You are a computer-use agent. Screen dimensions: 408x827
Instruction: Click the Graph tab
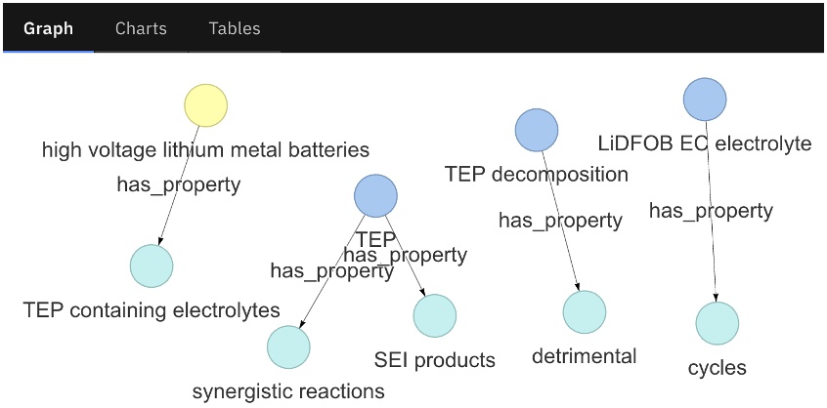(48, 28)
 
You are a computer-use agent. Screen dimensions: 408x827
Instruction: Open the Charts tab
(141, 28)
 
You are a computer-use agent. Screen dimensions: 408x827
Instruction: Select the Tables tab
(235, 28)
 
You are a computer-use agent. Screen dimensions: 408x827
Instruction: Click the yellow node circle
(206, 105)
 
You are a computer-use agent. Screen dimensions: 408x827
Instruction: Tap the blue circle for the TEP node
(375, 196)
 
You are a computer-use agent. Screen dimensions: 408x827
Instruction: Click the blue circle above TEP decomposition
(537, 130)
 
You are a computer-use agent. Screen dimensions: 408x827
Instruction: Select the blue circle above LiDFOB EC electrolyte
(705, 100)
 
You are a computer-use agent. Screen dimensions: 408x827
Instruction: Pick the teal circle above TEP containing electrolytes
(152, 265)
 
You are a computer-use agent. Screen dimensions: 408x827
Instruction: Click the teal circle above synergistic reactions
(288, 347)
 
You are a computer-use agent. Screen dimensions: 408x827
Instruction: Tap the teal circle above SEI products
(435, 315)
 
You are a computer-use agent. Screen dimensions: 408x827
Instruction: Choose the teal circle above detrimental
(585, 311)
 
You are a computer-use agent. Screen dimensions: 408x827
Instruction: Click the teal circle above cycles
(718, 323)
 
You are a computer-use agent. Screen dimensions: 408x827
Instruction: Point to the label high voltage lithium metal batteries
(205, 150)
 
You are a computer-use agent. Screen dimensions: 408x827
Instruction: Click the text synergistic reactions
(288, 392)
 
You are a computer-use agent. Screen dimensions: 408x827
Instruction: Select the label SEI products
(435, 360)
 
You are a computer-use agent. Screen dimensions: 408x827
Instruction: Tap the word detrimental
(585, 356)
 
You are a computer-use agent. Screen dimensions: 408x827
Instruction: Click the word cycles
(718, 368)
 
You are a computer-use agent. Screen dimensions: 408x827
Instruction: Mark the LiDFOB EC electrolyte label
(705, 144)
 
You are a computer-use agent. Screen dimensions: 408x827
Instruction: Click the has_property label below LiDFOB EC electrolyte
(711, 211)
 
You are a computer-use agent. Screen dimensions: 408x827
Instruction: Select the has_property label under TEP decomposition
(560, 221)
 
